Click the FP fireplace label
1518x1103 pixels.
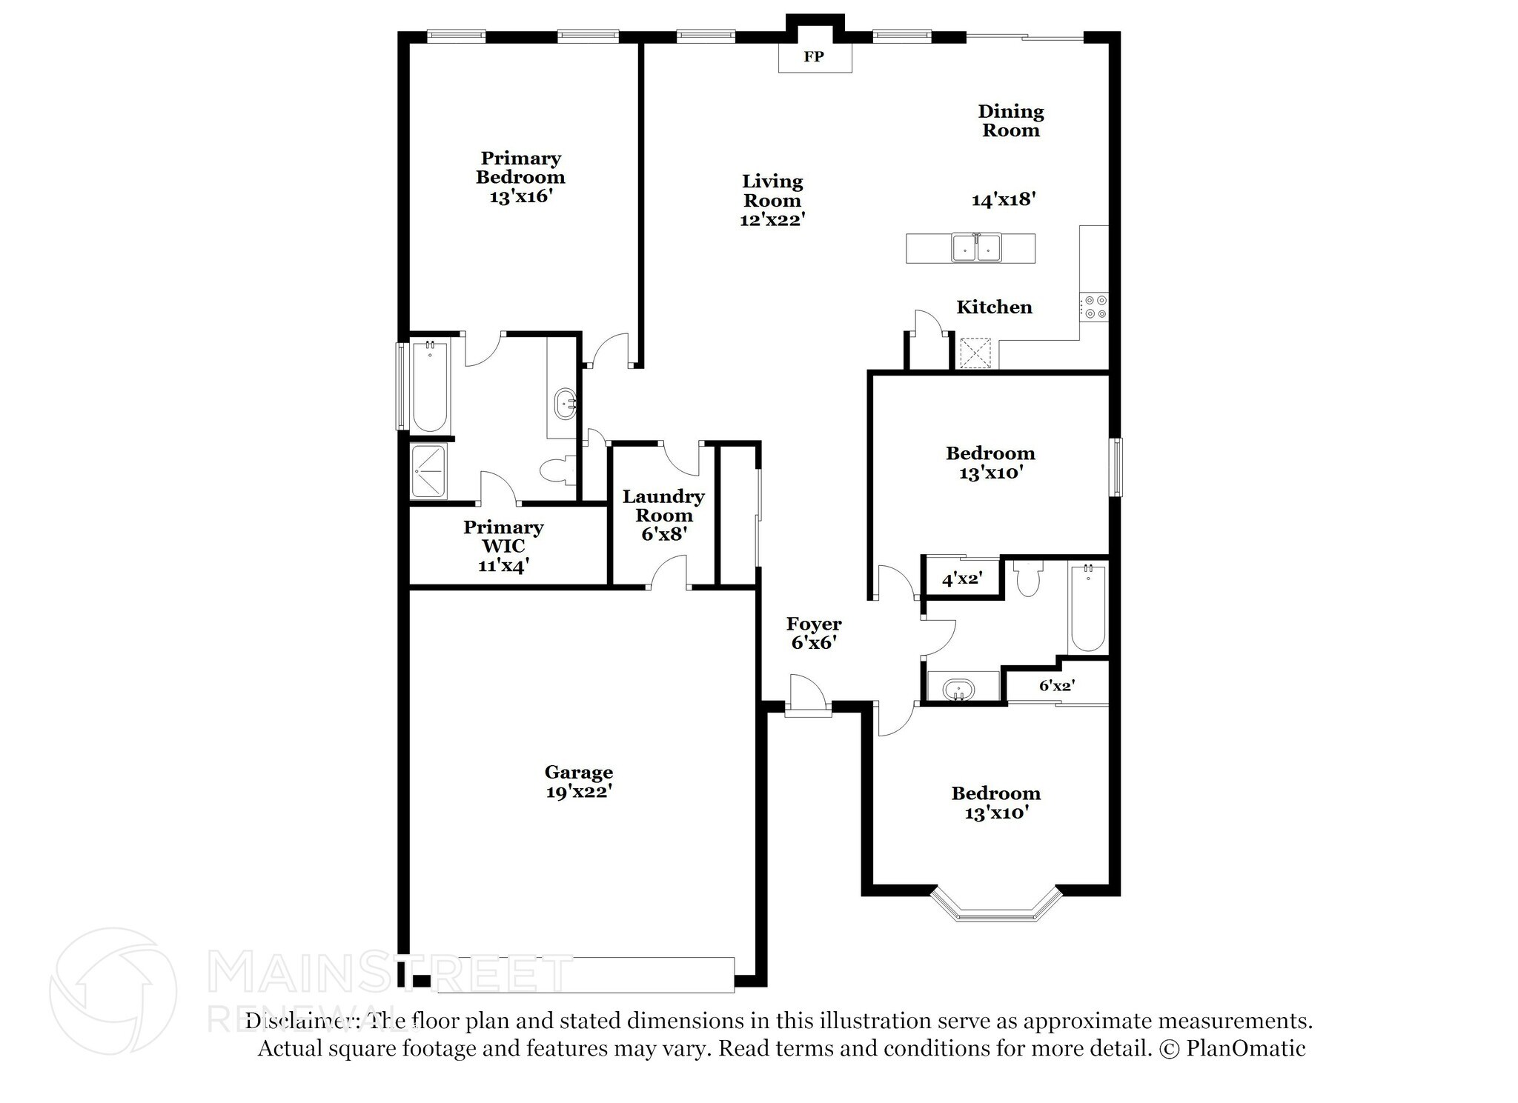pyautogui.click(x=814, y=56)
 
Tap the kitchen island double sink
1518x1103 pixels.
pyautogui.click(x=976, y=247)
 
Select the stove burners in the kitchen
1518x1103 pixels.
pyautogui.click(x=1094, y=307)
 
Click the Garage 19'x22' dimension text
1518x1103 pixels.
pyautogui.click(x=579, y=792)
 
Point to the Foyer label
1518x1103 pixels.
pyautogui.click(x=814, y=624)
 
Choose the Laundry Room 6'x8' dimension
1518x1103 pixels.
pyautogui.click(x=662, y=533)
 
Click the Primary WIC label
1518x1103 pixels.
pyautogui.click(x=503, y=536)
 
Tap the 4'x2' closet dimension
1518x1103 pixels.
pyautogui.click(x=961, y=579)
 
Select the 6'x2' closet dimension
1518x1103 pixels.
pyautogui.click(x=1056, y=686)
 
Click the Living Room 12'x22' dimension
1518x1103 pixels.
pyautogui.click(x=772, y=220)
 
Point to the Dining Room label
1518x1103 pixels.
pyautogui.click(x=1011, y=121)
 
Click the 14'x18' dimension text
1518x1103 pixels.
pyautogui.click(x=1003, y=199)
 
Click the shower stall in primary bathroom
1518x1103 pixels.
pyautogui.click(x=428, y=471)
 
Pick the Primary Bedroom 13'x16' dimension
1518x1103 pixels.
pyautogui.click(x=520, y=197)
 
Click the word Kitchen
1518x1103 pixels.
pyautogui.click(x=994, y=307)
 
